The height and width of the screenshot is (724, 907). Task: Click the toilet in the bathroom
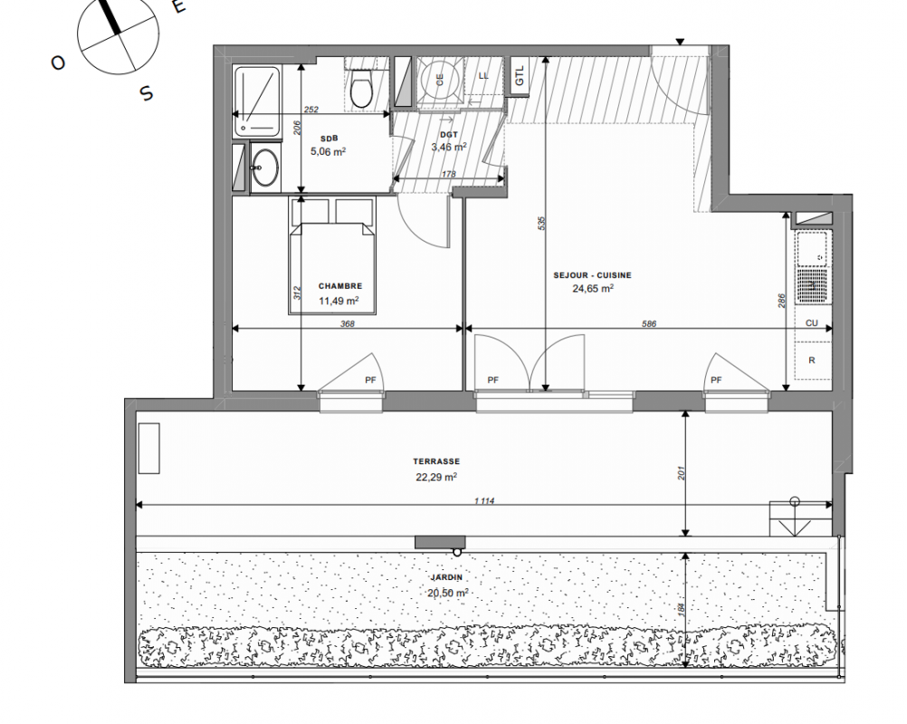click(x=362, y=89)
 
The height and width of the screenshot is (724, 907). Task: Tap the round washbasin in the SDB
click(x=265, y=167)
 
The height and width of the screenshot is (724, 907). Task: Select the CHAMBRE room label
click(x=340, y=286)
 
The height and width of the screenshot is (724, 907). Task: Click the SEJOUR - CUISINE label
click(x=592, y=275)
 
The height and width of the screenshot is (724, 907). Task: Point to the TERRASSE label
click(x=436, y=462)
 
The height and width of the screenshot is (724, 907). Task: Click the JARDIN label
click(x=446, y=577)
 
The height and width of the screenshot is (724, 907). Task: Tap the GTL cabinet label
click(x=519, y=76)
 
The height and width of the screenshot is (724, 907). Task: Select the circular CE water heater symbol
click(x=440, y=81)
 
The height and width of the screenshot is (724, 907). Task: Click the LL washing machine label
click(x=483, y=76)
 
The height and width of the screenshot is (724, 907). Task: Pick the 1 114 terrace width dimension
click(x=484, y=500)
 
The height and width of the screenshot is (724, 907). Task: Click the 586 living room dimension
click(x=649, y=324)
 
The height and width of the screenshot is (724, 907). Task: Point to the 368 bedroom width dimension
click(x=347, y=324)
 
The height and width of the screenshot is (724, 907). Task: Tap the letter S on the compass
click(x=147, y=92)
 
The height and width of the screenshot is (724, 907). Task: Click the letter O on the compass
click(x=58, y=62)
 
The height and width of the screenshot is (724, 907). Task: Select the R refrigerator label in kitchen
click(x=812, y=360)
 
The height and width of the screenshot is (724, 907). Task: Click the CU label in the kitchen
click(x=812, y=323)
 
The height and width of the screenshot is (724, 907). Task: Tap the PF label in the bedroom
click(x=370, y=380)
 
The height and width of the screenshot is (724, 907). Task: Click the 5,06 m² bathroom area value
click(x=329, y=151)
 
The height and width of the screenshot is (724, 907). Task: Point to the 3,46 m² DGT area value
click(x=449, y=147)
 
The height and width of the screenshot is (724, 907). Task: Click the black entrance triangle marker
click(x=681, y=42)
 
